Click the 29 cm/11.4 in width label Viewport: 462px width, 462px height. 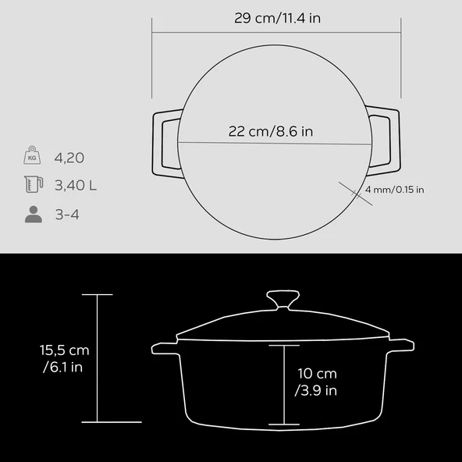[x=275, y=18]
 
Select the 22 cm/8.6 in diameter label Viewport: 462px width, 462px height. [x=271, y=132]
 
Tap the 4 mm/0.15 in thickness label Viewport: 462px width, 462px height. [x=395, y=190]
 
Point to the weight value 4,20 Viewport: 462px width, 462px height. [x=69, y=158]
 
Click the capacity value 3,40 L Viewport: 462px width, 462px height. [x=76, y=186]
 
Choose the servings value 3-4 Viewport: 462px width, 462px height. [x=68, y=214]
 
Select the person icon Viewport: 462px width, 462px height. [x=33, y=215]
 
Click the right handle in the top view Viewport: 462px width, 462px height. [x=386, y=144]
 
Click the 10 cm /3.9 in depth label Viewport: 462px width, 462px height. [x=316, y=382]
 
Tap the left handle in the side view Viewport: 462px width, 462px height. [x=165, y=346]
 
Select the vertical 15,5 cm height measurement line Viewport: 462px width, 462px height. [x=97, y=358]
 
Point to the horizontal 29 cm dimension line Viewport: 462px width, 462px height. [x=275, y=33]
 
